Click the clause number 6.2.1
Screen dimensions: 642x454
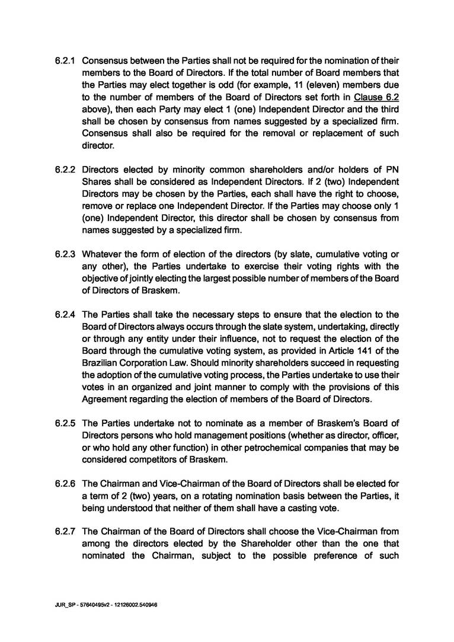point(65,60)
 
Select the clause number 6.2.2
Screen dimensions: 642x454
point(65,170)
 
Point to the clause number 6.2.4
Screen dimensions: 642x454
point(65,314)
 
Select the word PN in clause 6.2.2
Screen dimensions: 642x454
point(391,170)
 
